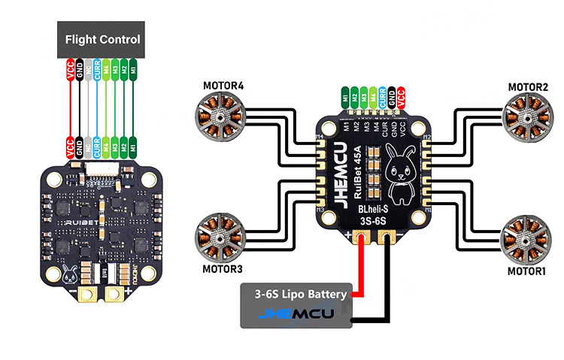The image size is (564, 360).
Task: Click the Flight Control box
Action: pyautogui.click(x=102, y=38)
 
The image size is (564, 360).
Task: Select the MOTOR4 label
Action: pyautogui.click(x=223, y=85)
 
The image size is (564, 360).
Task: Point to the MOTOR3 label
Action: pyautogui.click(x=223, y=268)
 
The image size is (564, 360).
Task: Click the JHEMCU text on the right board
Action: pyautogui.click(x=336, y=172)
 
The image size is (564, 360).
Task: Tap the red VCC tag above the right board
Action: pyautogui.click(x=400, y=97)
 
